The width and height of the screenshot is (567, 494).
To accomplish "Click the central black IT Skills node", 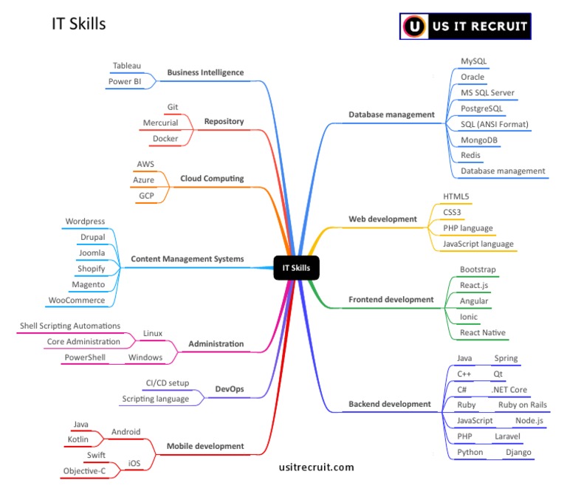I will point(297,268).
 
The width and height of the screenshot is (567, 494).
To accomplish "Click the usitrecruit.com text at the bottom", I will point(317,467).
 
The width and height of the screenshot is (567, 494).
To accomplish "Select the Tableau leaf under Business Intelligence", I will point(127,66).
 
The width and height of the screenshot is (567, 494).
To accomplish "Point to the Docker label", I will point(165,138).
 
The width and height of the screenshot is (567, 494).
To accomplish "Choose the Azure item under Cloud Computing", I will point(143,179).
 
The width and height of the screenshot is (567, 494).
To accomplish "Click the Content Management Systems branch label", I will point(187,259).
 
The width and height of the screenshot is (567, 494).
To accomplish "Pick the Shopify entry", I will point(91,268).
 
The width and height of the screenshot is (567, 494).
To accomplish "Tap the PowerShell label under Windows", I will point(85,357).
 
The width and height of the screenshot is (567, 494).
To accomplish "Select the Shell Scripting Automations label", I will point(70,326).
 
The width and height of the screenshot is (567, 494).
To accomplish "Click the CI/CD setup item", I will point(168,382).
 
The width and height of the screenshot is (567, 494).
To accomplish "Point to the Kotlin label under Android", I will point(79,439).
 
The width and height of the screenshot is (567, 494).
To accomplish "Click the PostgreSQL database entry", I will point(481,108).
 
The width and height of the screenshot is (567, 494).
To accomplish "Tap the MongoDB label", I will point(478,140).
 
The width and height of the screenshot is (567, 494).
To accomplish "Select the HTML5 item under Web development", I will point(456,196).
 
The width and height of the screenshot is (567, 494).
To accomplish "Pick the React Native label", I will point(483,332).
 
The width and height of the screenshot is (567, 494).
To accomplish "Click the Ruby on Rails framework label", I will point(522,405).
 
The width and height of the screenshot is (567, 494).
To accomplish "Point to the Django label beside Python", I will point(518,452).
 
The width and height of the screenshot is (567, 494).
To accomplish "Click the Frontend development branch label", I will point(391,299).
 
